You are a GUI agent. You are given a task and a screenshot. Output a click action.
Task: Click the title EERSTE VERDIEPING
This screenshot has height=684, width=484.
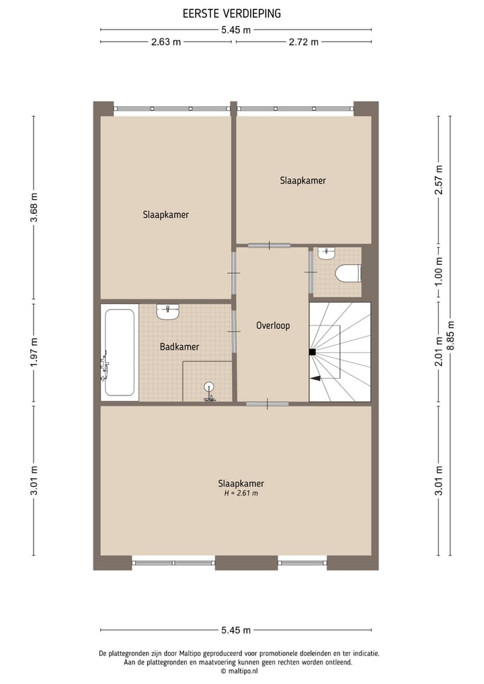231,13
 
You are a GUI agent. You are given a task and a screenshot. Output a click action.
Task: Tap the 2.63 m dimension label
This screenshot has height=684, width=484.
166,42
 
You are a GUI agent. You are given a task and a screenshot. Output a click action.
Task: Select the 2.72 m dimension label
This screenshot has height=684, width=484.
303,42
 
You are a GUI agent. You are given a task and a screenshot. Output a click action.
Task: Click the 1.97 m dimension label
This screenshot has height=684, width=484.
34,352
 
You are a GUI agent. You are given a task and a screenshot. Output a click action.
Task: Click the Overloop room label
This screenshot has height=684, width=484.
273,326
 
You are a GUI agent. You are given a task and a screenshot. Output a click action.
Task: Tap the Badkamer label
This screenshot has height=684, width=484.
179,347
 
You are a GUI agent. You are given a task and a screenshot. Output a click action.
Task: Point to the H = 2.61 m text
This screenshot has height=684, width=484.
241,493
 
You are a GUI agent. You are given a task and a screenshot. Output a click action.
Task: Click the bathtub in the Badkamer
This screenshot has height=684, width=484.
120,352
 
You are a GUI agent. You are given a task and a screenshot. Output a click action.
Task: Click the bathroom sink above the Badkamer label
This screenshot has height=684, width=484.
168,312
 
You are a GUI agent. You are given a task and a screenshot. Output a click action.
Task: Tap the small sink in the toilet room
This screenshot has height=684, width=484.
327,254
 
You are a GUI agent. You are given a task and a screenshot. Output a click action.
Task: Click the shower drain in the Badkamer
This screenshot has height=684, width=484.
209,386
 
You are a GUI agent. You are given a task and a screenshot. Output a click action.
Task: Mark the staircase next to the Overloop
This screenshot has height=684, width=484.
340,352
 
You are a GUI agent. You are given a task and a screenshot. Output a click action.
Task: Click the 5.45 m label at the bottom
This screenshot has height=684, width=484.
236,630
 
